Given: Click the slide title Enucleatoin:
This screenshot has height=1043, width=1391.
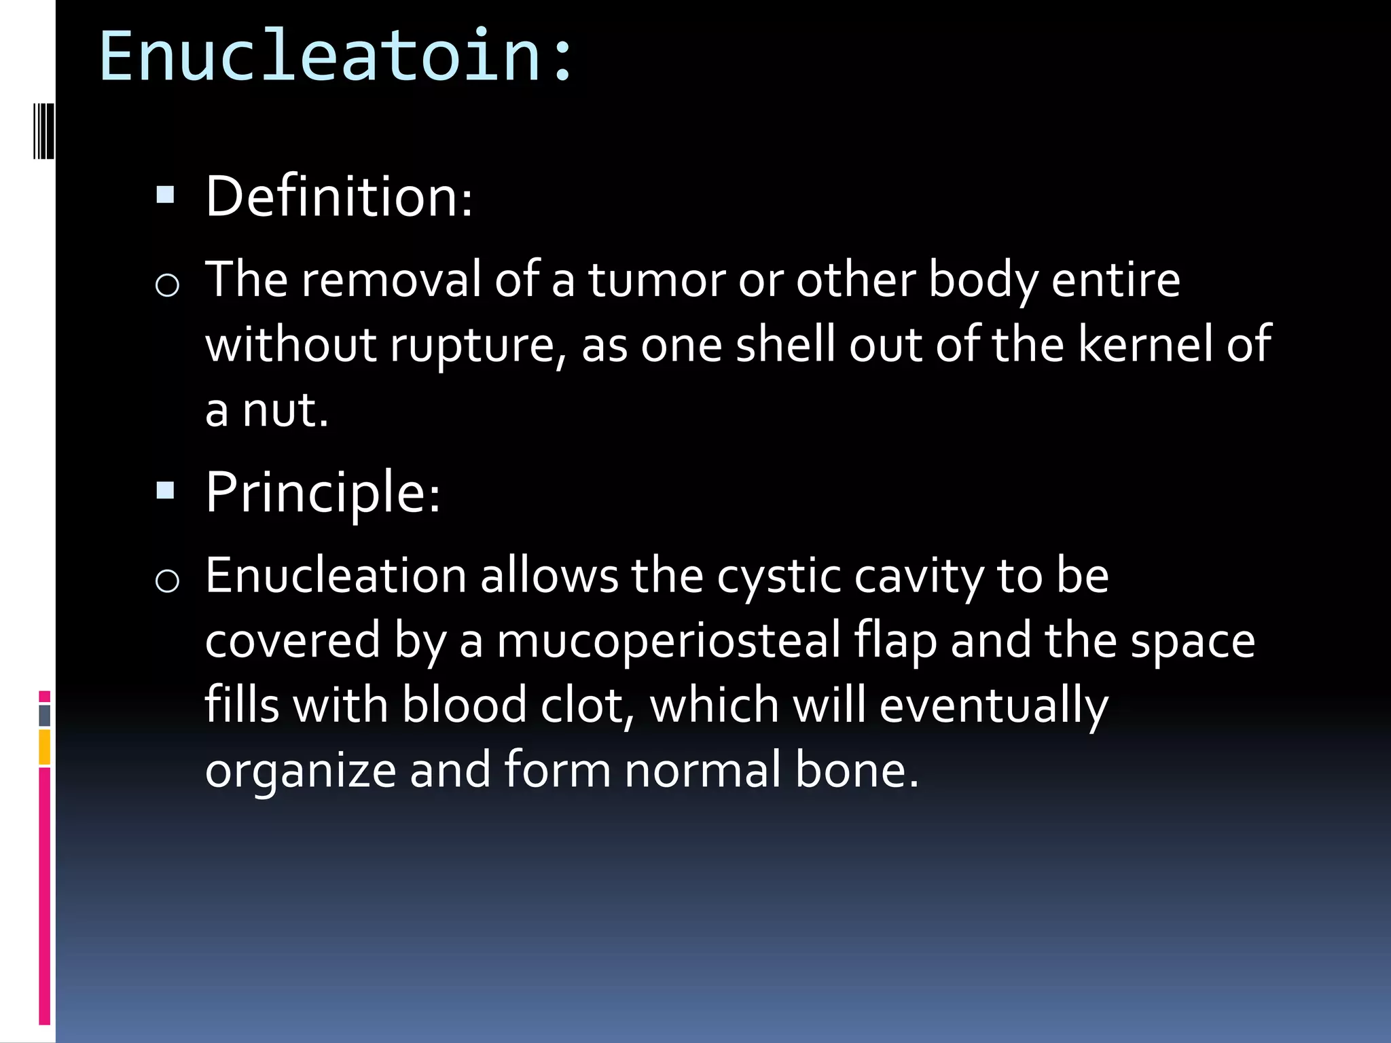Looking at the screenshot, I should [336, 56].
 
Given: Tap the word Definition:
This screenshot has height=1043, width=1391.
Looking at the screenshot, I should [339, 197].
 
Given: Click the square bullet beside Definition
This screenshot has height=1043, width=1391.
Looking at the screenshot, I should [165, 196].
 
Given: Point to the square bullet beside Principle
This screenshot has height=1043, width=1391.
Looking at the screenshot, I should [165, 490].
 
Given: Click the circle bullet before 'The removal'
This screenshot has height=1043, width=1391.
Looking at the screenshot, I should [167, 285].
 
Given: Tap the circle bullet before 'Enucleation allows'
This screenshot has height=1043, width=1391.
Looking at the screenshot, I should [167, 581].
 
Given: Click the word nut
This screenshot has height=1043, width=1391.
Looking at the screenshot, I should [285, 410].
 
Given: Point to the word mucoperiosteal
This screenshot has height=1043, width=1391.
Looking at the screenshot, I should [669, 641].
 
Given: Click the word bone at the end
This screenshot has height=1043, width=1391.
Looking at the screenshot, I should [856, 770].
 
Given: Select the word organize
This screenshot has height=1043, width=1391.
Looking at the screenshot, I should [300, 771].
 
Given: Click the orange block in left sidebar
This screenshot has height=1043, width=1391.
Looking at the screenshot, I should [45, 747].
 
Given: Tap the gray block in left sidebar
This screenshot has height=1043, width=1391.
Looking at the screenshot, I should [45, 716].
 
